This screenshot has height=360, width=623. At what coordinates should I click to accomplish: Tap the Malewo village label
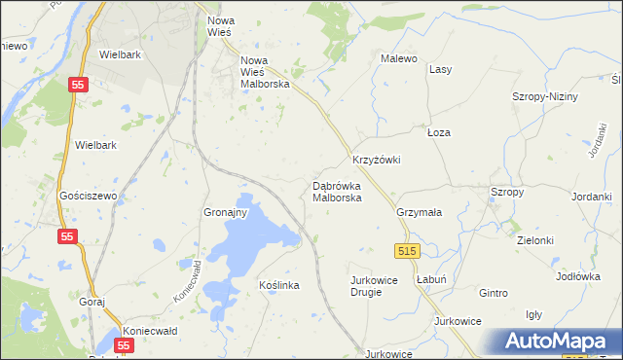click(398, 58)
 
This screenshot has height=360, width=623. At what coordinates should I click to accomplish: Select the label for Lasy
click(441, 69)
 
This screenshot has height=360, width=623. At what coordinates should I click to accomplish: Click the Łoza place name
click(440, 131)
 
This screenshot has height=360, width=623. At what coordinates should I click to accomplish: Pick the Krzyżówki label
click(376, 160)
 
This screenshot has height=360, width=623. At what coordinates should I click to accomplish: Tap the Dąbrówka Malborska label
click(337, 192)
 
